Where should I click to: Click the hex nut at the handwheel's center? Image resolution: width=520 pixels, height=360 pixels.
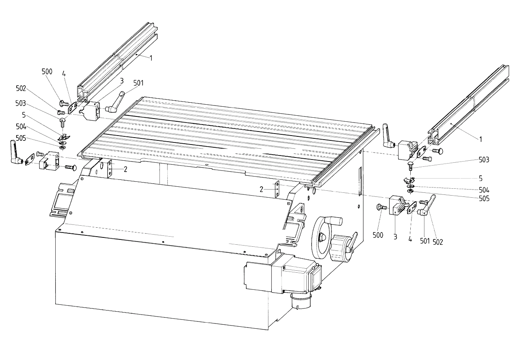(322, 237)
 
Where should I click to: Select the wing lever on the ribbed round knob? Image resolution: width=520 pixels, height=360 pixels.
(351, 243)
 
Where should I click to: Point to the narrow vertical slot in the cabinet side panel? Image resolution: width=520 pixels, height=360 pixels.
(360, 181)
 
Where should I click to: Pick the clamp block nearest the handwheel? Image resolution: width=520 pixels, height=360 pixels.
(398, 205)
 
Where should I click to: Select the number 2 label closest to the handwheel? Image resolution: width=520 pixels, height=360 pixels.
(262, 190)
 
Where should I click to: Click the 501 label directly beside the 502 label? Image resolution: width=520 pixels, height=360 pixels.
(425, 241)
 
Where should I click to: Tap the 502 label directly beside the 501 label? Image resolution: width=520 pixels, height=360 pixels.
(438, 242)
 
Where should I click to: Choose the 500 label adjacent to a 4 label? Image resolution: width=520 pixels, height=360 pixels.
(47, 71)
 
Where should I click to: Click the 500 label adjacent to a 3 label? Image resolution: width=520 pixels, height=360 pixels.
(378, 235)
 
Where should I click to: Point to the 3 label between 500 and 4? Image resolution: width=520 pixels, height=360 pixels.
(395, 237)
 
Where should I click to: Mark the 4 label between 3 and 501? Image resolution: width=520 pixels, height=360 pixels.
(410, 239)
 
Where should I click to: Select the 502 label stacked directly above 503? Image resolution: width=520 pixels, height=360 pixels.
(21, 88)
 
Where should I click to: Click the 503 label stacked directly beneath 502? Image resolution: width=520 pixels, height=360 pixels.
(20, 103)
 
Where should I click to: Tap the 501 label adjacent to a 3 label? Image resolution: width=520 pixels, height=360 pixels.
(139, 83)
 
